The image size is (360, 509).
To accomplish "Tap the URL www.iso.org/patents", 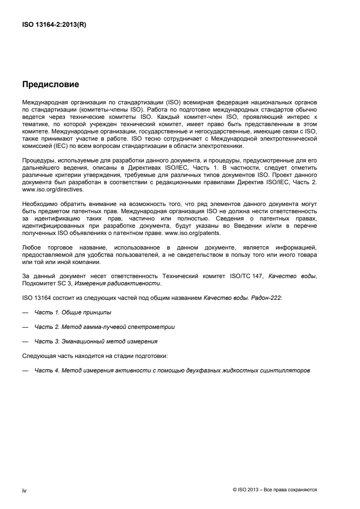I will (198, 234).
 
